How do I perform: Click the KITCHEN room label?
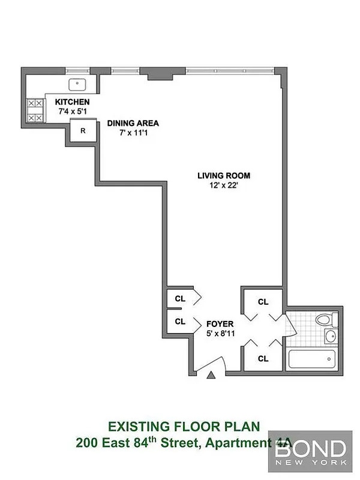click(x=73, y=102)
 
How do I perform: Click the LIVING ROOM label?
click(x=224, y=176)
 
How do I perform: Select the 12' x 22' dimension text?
click(x=224, y=185)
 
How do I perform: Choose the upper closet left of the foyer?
click(x=179, y=298)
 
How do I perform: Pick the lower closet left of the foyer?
click(x=179, y=322)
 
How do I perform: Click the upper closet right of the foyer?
click(x=263, y=302)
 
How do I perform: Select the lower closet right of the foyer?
click(x=263, y=359)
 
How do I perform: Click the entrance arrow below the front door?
click(x=211, y=376)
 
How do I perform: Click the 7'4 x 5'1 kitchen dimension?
click(x=73, y=111)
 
